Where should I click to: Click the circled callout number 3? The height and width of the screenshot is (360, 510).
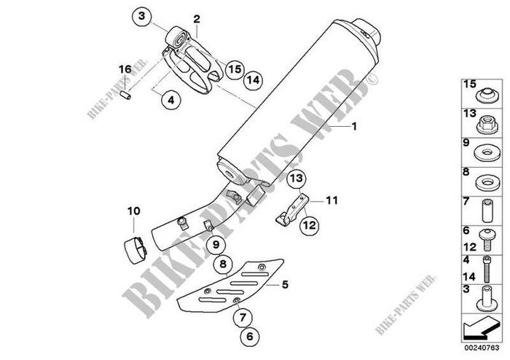(x=141, y=16)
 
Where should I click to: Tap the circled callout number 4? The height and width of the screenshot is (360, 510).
(x=170, y=100)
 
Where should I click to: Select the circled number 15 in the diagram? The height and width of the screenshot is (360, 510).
(x=235, y=69)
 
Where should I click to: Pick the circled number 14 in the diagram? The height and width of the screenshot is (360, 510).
(x=253, y=79)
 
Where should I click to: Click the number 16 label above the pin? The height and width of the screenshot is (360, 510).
(x=125, y=69)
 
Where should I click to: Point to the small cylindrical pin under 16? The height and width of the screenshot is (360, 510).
(x=126, y=95)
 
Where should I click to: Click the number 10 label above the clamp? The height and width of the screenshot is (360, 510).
(x=133, y=211)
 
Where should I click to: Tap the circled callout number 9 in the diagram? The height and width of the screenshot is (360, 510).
(x=216, y=244)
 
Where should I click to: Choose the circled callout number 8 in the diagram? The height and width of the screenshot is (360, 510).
(x=223, y=263)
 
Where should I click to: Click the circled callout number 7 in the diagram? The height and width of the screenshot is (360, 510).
(x=243, y=317)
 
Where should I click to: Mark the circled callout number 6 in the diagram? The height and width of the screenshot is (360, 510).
(x=249, y=336)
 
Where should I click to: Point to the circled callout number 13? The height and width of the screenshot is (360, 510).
(x=297, y=179)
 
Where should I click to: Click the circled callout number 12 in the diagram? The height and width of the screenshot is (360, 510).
(x=310, y=224)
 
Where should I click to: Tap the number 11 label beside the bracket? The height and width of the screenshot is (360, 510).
(x=331, y=200)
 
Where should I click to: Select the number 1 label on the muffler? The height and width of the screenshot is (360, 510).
(x=354, y=126)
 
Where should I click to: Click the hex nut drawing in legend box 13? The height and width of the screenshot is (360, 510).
(x=487, y=125)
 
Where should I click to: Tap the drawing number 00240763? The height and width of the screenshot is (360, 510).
(x=482, y=348)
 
